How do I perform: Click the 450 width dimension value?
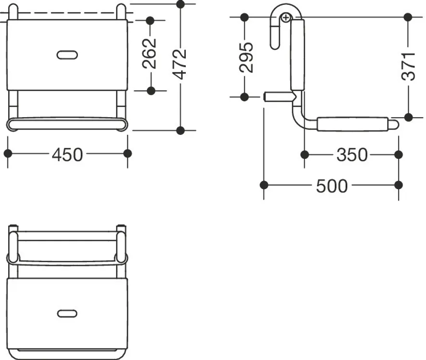tap(67, 155)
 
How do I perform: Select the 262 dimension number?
tap(149, 53)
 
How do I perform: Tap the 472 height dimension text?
tap(180, 64)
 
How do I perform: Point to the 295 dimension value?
tap(246, 57)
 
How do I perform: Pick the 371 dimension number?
tap(408, 66)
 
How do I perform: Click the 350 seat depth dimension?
tap(352, 155)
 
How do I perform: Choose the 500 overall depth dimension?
tap(332, 186)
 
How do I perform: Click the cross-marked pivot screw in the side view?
tap(286, 18)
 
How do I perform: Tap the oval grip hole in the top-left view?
tap(67, 55)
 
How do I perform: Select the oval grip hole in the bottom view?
tap(67, 313)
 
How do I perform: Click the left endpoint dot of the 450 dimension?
tap(8, 154)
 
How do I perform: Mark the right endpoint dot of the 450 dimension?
tap(127, 154)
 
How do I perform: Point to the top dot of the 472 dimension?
tap(181, 4)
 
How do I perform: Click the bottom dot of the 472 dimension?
tap(181, 130)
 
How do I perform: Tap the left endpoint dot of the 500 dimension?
tap(264, 185)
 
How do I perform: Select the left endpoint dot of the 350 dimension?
tap(305, 155)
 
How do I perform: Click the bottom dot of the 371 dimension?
tap(408, 117)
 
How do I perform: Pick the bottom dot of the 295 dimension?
tap(244, 96)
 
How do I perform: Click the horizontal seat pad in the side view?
tap(353, 124)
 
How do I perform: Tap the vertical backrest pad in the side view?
tap(297, 55)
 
